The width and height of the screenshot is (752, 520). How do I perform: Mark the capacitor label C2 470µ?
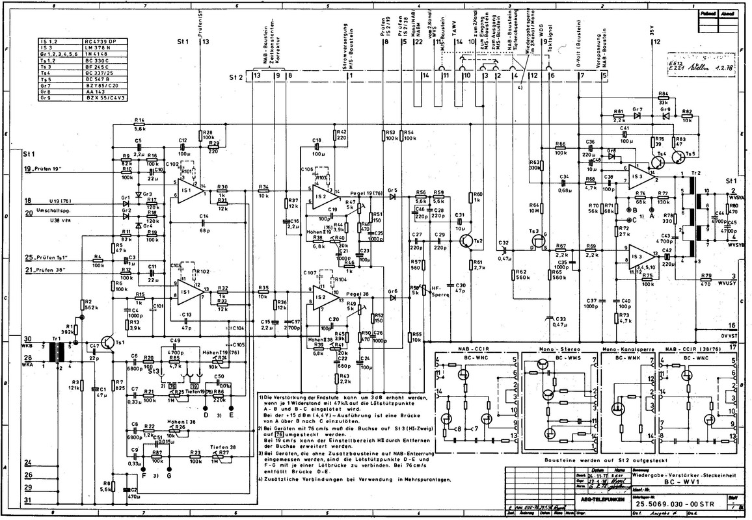(x=132, y=491)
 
